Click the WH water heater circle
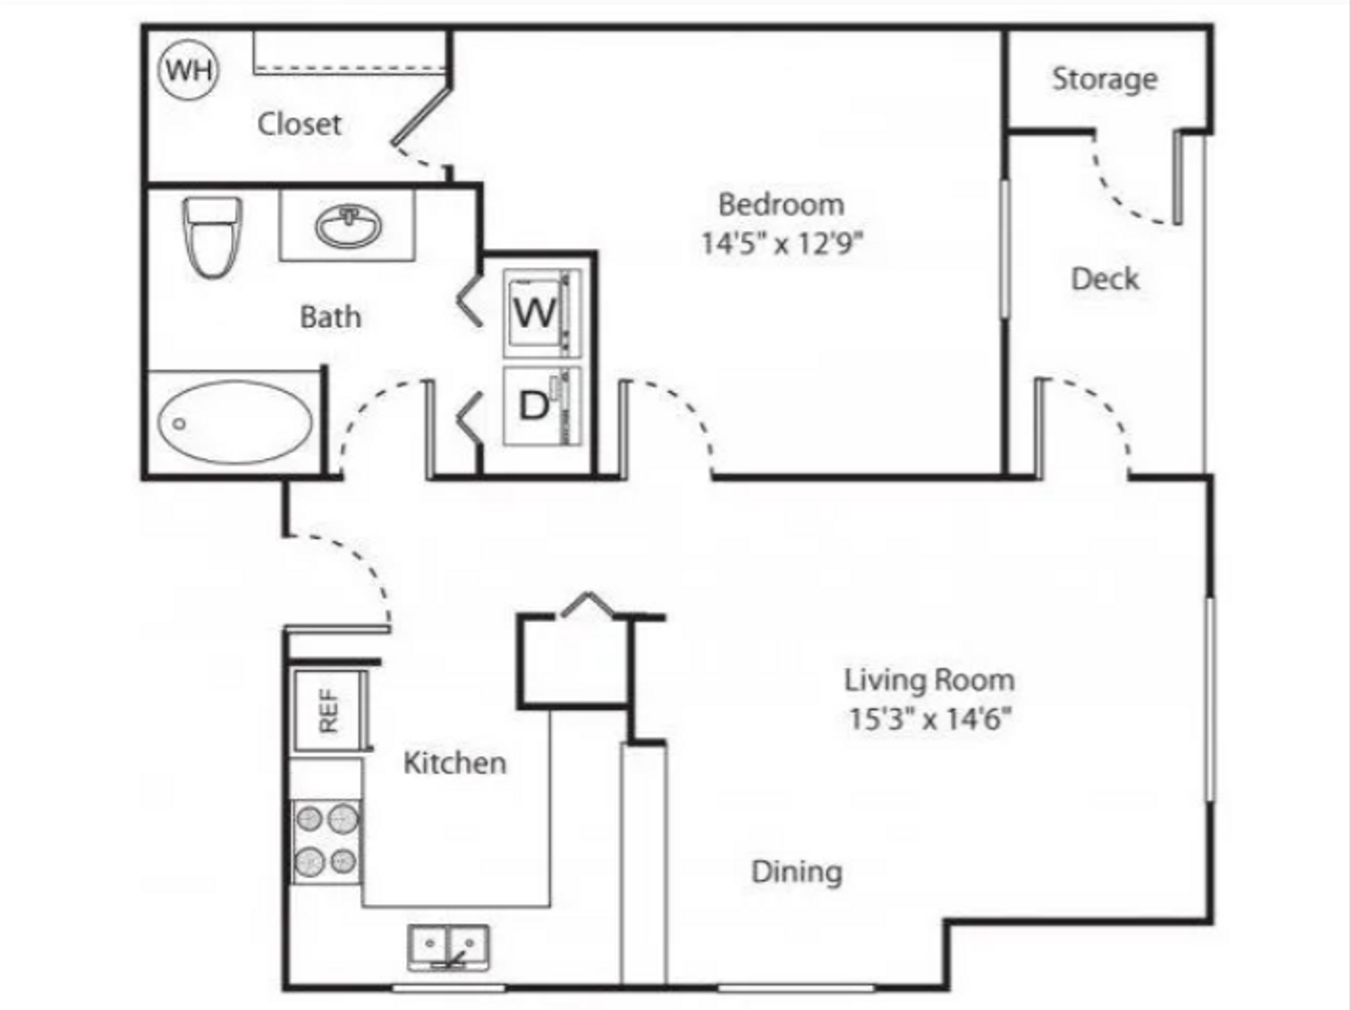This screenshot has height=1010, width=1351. (188, 69)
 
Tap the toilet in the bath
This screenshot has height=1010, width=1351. (212, 237)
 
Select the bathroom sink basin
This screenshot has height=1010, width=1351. (348, 226)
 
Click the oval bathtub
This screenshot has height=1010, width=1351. (235, 422)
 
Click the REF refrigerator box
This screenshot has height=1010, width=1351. (330, 711)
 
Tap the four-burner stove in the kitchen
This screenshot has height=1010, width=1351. (327, 842)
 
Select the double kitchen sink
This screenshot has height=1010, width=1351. (448, 947)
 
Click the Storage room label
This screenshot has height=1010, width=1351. (1105, 79)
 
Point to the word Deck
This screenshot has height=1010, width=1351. (1105, 280)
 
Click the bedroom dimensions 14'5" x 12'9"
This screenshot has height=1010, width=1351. (781, 243)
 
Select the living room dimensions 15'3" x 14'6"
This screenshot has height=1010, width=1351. (930, 718)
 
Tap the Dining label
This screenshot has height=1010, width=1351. (797, 873)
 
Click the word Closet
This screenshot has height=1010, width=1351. (299, 124)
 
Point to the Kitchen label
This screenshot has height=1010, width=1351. (455, 763)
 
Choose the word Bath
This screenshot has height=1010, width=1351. (330, 317)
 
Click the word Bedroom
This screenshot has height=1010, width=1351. (781, 204)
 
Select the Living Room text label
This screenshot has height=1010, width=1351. (929, 680)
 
